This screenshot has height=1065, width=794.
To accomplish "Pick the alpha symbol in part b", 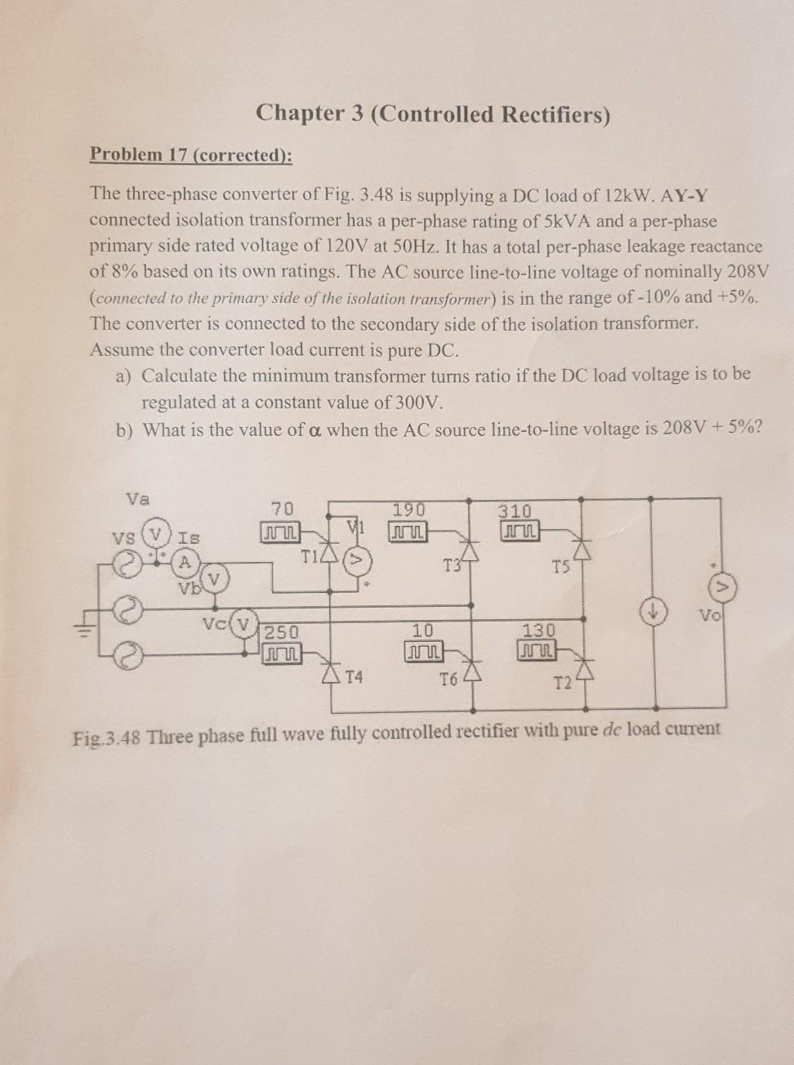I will pos(315,430).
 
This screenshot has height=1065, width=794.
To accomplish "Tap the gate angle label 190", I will pos(408,510).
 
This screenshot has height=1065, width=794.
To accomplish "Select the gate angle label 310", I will pos(515,511).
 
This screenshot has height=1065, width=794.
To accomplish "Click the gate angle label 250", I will pos(281,632).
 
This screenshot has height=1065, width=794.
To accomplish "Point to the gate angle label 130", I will pos(538,631).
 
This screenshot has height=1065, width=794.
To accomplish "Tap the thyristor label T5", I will pos(560,567).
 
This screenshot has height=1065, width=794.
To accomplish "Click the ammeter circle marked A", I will pos(185,563).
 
